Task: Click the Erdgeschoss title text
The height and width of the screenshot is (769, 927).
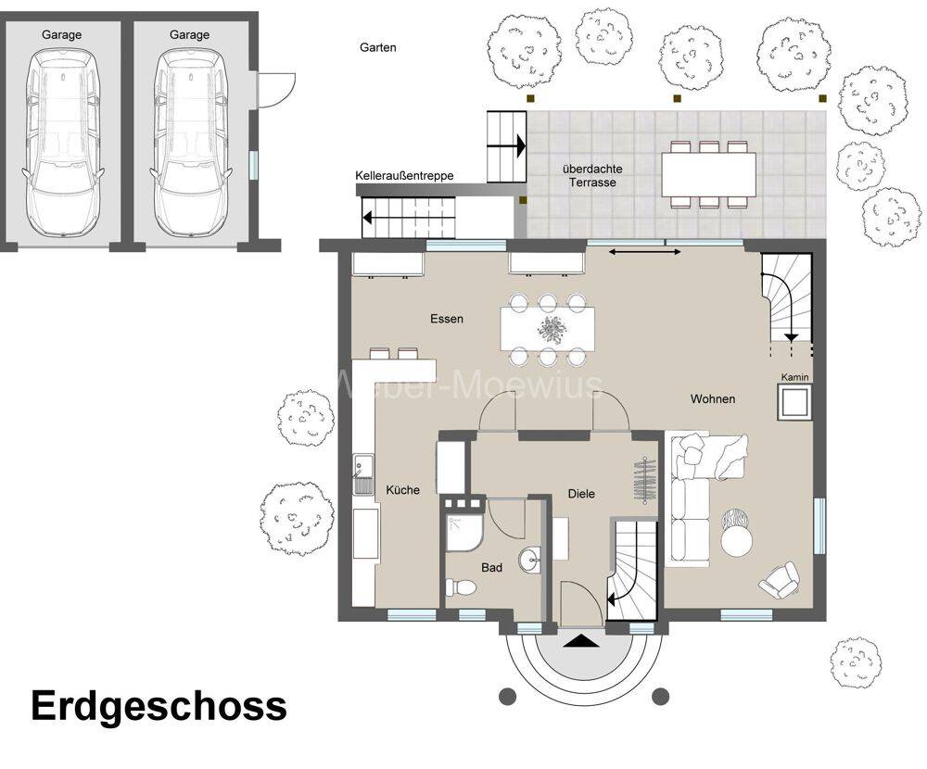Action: (159, 707)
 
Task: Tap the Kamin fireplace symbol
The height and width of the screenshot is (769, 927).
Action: (794, 402)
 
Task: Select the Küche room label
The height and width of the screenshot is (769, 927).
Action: (402, 490)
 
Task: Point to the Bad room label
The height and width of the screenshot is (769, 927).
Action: (491, 568)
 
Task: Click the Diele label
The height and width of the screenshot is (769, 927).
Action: (581, 494)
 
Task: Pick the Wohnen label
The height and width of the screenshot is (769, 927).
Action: (713, 399)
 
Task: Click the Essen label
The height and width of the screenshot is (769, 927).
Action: (447, 320)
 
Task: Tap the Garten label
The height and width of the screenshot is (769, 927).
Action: (378, 47)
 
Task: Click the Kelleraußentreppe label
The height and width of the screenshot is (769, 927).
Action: (404, 175)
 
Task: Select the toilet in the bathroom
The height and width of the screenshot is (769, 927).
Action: (461, 587)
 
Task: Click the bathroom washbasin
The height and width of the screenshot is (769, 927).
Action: (530, 560)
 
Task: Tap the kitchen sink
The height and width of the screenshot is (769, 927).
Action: (363, 474)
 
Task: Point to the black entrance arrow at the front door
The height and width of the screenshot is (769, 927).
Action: (577, 641)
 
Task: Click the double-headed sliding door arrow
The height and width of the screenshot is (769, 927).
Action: (644, 252)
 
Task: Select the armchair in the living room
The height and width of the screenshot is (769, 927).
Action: (780, 580)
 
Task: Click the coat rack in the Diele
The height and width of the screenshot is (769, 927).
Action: (645, 481)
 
